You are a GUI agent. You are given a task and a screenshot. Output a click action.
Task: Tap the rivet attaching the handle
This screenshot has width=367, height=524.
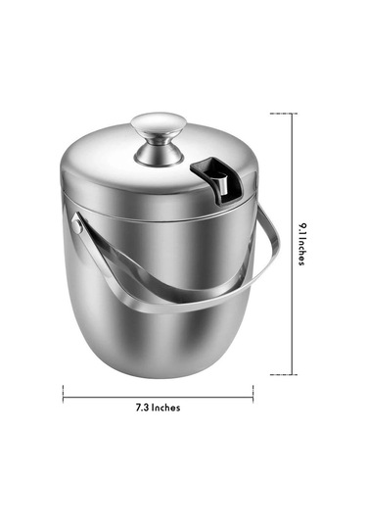(x=77, y=226)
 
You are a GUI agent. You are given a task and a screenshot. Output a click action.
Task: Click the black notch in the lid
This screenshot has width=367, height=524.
(x=208, y=181)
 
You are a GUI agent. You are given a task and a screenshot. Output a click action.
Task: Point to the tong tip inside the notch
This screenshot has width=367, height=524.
(x=221, y=183)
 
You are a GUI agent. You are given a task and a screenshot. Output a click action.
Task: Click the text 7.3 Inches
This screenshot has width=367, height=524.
(x=158, y=407)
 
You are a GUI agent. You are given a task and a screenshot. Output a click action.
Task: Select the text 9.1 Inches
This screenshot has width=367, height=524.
(x=301, y=243)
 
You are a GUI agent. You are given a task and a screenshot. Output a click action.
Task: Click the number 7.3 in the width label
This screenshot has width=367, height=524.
(x=142, y=407)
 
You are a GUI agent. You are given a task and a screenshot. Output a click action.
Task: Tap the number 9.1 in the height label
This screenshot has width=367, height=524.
(x=301, y=228)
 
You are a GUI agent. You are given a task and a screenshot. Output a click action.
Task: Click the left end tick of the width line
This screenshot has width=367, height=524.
(x=63, y=394)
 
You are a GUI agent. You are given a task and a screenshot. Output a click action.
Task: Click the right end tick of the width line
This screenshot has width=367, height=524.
(x=252, y=394)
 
